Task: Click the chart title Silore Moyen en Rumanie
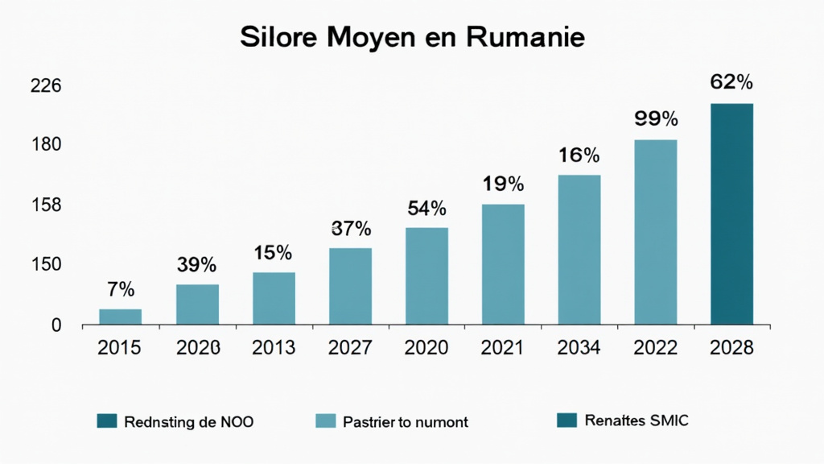click(411, 37)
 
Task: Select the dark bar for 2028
click(731, 213)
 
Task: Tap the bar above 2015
click(120, 317)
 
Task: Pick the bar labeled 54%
click(426, 275)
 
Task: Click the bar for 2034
click(579, 250)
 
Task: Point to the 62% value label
click(731, 82)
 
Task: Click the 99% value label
click(656, 119)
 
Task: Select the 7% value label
click(120, 289)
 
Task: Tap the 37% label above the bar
click(351, 229)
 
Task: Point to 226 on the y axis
click(46, 87)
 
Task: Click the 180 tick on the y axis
click(46, 145)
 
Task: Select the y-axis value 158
click(46, 205)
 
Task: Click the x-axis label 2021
click(503, 348)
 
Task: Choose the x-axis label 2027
click(351, 348)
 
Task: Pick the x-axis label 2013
click(274, 348)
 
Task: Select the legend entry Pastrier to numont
click(405, 420)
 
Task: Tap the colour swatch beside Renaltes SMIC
click(566, 420)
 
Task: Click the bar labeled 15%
click(274, 298)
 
